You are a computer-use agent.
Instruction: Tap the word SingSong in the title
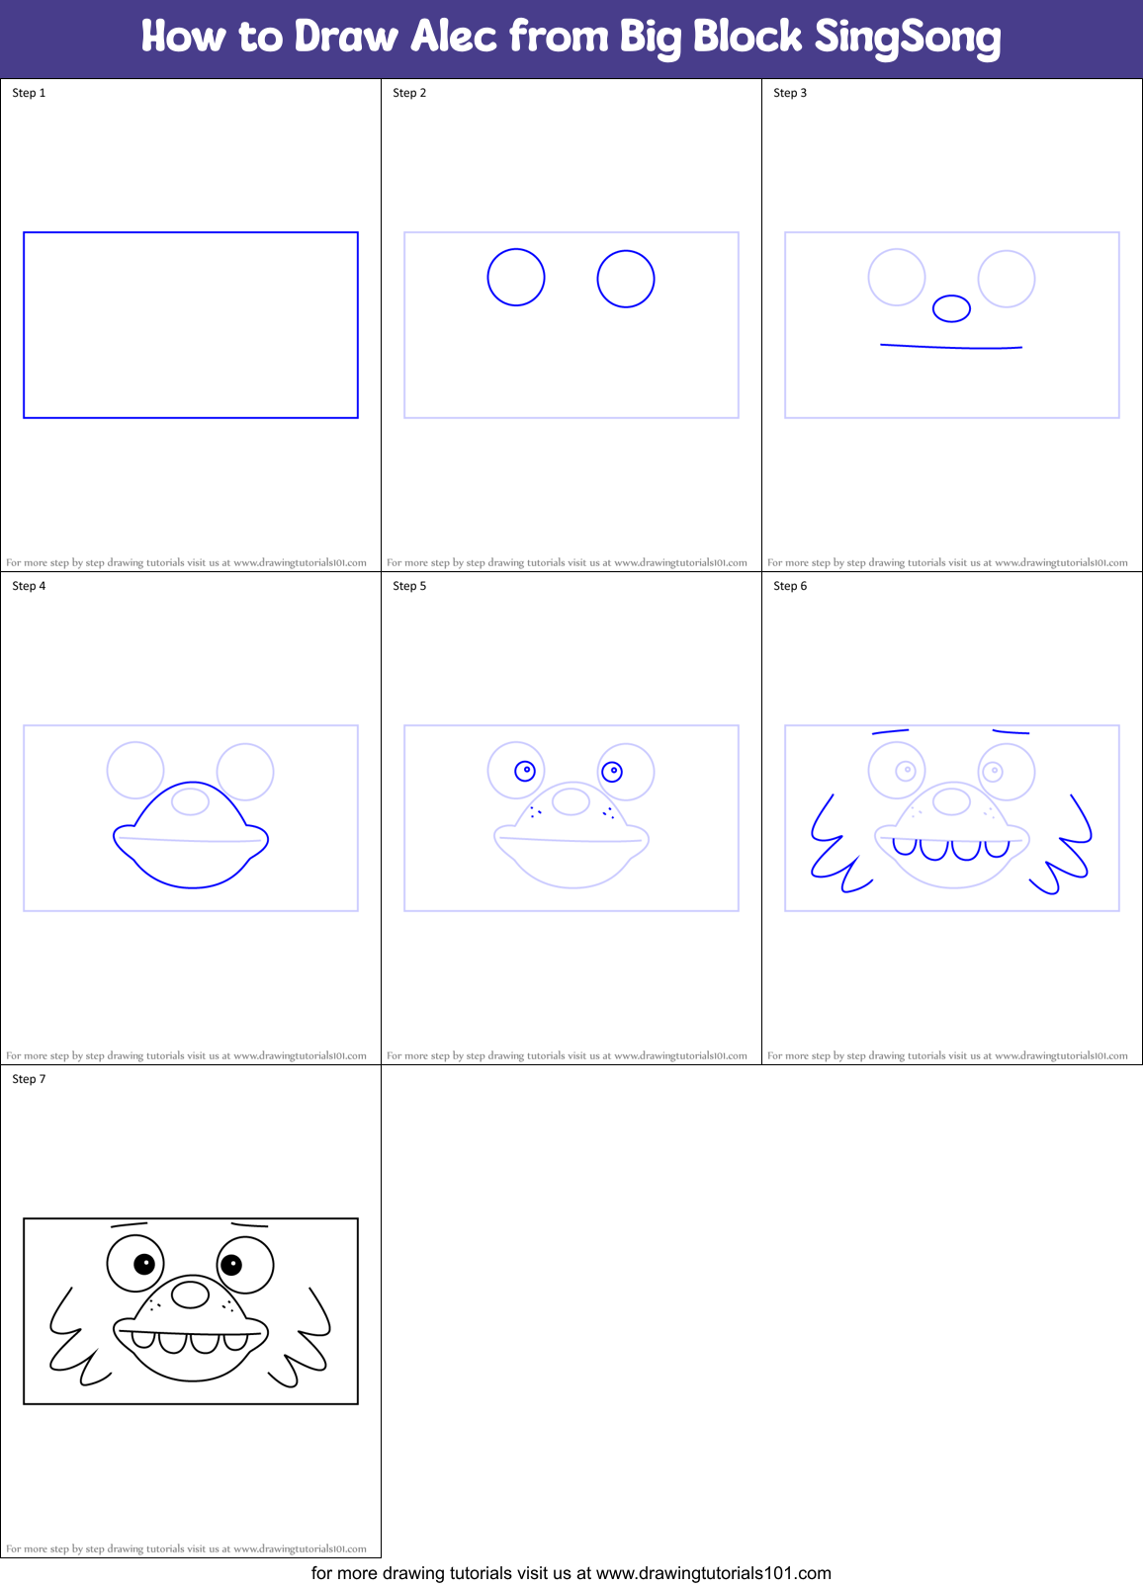tap(907, 38)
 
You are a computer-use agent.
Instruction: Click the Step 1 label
tap(29, 93)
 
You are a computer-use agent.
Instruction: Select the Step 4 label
tap(29, 586)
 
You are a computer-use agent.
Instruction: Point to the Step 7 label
tap(29, 1079)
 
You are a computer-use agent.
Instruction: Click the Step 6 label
tap(790, 586)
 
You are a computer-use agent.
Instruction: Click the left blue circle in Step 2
tap(516, 278)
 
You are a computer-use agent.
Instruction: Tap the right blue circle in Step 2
tap(626, 279)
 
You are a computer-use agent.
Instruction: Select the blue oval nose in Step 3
tap(951, 308)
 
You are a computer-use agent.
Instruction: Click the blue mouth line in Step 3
tap(951, 347)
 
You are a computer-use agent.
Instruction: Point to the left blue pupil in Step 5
tap(526, 770)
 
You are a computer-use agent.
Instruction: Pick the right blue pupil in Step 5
tap(613, 770)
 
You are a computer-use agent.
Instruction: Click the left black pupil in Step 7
tap(144, 1263)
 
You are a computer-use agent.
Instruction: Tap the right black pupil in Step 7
tap(231, 1263)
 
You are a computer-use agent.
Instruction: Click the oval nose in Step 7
tap(190, 1294)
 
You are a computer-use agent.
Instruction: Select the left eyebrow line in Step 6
tap(890, 732)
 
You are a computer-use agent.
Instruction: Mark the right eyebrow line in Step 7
tap(249, 1225)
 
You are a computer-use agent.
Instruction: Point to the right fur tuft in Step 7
tap(308, 1339)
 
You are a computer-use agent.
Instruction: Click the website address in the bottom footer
tap(713, 1573)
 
